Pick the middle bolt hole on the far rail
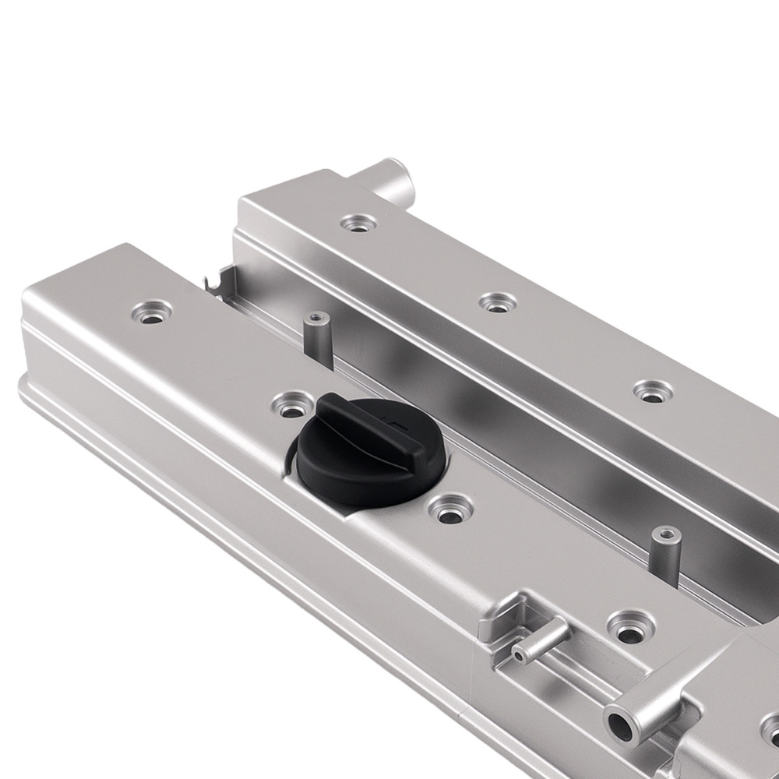coord(497,303)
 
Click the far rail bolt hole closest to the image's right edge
coord(651,391)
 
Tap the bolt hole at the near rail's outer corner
coord(151,312)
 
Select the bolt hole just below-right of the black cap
coord(451,509)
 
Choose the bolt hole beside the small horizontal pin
coord(630,625)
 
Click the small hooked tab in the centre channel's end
coord(220,277)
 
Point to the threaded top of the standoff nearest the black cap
coord(316,318)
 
